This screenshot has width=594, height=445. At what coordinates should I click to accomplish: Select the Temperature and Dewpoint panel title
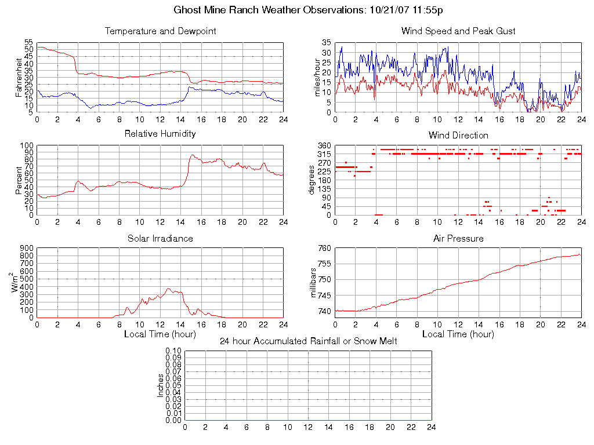pyautogui.click(x=160, y=31)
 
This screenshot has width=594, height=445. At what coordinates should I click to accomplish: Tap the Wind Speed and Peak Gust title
pyautogui.click(x=458, y=31)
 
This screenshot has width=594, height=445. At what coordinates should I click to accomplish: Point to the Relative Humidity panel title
pyautogui.click(x=160, y=134)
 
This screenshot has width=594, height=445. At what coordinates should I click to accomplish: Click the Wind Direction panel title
pyautogui.click(x=458, y=135)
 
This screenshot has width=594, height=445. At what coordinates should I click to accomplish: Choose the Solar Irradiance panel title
pyautogui.click(x=160, y=238)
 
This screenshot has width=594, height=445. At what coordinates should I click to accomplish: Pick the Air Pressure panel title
pyautogui.click(x=458, y=238)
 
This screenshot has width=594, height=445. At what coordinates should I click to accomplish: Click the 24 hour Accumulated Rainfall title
pyautogui.click(x=308, y=341)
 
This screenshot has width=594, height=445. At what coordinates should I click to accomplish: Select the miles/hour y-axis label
pyautogui.click(x=317, y=77)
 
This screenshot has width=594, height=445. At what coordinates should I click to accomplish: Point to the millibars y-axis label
pyautogui.click(x=314, y=282)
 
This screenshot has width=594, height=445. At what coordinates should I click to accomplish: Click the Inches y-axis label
pyautogui.click(x=161, y=385)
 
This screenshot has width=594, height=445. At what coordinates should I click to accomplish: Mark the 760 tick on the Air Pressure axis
pyautogui.click(x=324, y=248)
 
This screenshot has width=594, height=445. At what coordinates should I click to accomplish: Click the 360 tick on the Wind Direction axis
pyautogui.click(x=324, y=145)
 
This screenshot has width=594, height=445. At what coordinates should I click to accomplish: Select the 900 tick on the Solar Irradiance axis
pyautogui.click(x=26, y=248)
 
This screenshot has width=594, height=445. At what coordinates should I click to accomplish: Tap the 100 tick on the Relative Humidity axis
pyautogui.click(x=26, y=145)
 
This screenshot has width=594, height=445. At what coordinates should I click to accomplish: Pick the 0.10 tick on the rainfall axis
pyautogui.click(x=173, y=351)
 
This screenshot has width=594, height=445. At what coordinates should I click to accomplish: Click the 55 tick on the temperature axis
pyautogui.click(x=28, y=43)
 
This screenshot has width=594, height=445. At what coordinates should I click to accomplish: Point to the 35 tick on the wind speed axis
pyautogui.click(x=325, y=43)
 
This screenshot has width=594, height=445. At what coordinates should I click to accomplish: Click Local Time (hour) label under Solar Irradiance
pyautogui.click(x=160, y=334)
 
